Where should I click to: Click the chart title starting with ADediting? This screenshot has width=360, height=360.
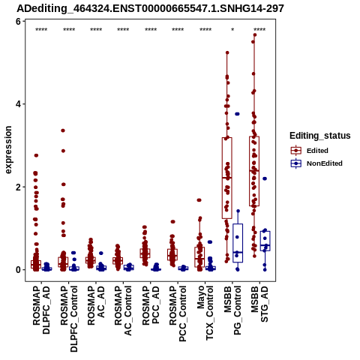[150, 8]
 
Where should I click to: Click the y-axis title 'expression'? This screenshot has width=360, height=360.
[8, 150]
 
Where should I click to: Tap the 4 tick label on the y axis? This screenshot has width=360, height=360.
[18, 104]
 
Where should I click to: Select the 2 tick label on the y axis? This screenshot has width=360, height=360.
[18, 187]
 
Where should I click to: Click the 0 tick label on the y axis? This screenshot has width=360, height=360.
[18, 270]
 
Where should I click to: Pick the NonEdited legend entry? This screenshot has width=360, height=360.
[316, 163]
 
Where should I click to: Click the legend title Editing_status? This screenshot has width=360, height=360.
[320, 136]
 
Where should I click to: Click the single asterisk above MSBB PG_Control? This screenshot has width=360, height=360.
[232, 30]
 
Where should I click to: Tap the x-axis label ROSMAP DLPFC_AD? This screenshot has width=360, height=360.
[41, 310]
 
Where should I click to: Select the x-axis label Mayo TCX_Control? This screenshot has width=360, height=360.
[205, 313]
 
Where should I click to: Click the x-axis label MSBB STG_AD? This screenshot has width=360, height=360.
[259, 304]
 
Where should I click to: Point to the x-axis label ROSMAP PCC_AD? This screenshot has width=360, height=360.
[151, 305]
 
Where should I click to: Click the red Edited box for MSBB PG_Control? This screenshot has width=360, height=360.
[227, 178]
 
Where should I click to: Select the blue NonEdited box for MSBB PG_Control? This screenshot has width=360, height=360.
[238, 243]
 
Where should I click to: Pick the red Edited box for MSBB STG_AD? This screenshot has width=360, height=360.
[254, 171]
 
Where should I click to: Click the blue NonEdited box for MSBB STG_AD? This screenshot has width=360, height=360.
[265, 241]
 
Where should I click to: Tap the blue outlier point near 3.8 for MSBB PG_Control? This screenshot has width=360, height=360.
[237, 114]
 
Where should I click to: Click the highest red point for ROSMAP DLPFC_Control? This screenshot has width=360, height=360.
[63, 130]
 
